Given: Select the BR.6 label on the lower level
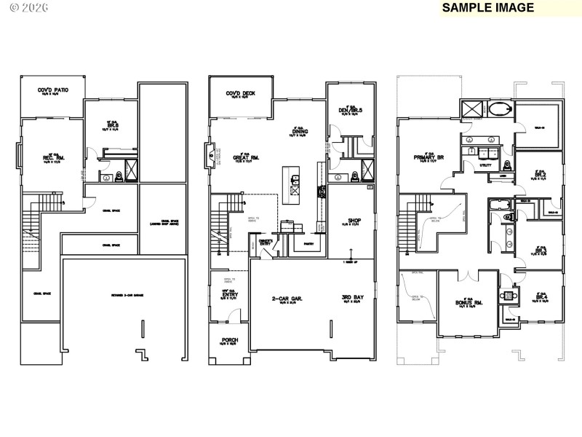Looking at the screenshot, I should pyautogui.click(x=111, y=125).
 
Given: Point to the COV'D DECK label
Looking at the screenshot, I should pyautogui.click(x=240, y=93).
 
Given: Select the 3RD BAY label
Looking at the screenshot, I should pyautogui.click(x=354, y=298).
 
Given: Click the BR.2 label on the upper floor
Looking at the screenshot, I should pyautogui.click(x=540, y=176).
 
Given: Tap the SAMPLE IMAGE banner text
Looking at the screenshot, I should pyautogui.click(x=487, y=8).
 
